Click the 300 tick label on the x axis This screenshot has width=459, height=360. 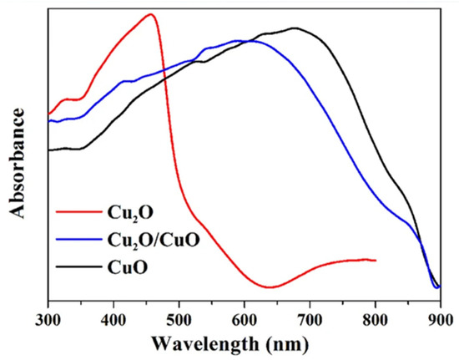pos(48,318)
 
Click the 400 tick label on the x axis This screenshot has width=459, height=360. pos(113,318)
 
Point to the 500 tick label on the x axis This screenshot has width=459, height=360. pos(179,318)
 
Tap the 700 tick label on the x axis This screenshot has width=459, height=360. pos(310,318)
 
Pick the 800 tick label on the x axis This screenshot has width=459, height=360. pos(375,318)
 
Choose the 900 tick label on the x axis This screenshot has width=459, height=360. pos(439,318)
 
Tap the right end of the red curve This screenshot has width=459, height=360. pos(376,261)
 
